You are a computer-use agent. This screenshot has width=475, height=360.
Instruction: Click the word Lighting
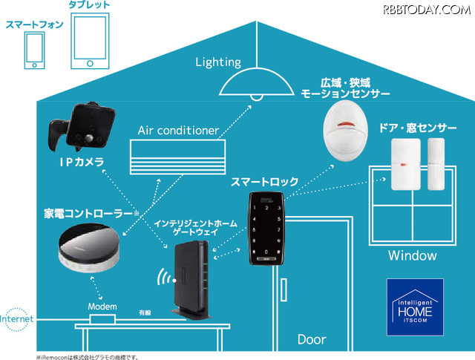tap(218, 62)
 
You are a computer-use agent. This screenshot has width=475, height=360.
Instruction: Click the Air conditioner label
tap(178, 131)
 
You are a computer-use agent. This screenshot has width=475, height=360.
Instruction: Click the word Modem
tap(102, 307)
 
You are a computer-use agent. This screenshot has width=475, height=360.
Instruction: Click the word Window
tap(413, 255)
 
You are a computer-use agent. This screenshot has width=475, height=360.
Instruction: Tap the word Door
tap(311, 340)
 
